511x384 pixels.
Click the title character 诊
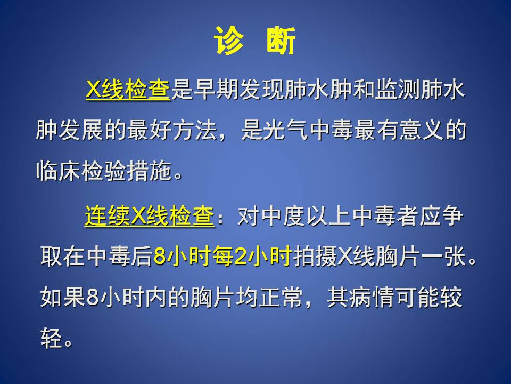(x=229, y=41)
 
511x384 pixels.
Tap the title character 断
(x=281, y=41)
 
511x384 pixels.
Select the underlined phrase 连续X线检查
(x=150, y=215)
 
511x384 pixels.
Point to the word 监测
(x=397, y=89)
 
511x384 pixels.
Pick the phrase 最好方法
(x=172, y=130)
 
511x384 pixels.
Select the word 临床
(x=58, y=171)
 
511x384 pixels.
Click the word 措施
(x=149, y=171)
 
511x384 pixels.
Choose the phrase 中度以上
(x=306, y=215)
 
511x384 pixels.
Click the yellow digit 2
(x=241, y=257)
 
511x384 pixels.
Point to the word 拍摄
(x=315, y=257)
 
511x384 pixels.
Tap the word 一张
(x=443, y=257)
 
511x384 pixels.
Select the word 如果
(x=63, y=297)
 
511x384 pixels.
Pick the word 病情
(x=372, y=297)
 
